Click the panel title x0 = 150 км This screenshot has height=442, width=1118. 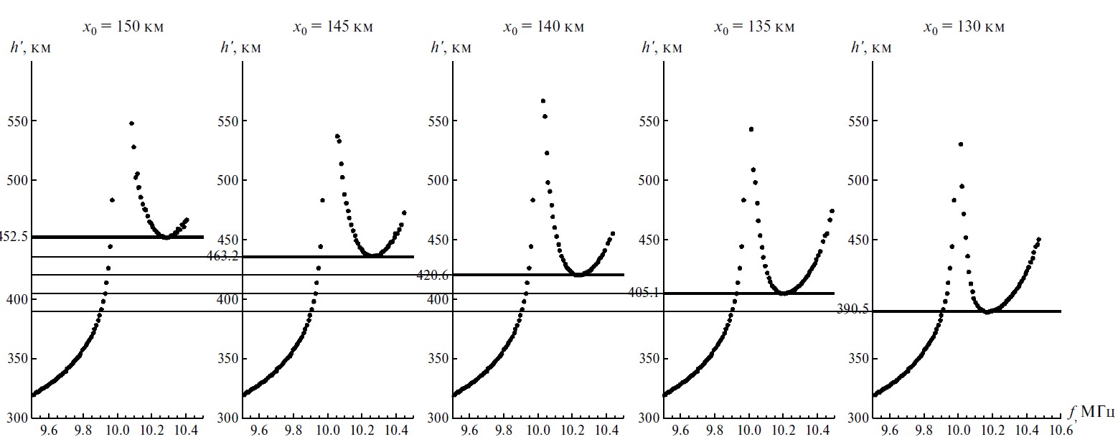coord(127,27)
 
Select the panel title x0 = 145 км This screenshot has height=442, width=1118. coord(332,27)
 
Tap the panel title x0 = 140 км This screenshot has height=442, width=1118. coord(543,27)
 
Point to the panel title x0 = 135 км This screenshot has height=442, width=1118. coord(754,27)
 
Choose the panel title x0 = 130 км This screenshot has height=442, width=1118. coord(964,27)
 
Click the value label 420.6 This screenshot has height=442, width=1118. coord(432,275)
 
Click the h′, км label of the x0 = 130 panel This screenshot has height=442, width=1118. coord(870,48)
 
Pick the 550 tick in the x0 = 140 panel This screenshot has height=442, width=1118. coord(438,121)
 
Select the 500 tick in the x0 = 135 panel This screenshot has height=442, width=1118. coord(649,180)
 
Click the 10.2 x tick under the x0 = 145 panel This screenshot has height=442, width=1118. coord(363,431)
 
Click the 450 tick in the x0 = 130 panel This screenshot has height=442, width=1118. coord(859,240)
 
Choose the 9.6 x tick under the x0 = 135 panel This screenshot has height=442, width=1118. coord(680,431)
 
